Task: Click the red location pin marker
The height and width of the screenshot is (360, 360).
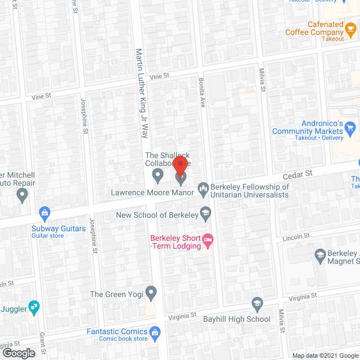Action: tap(179, 166)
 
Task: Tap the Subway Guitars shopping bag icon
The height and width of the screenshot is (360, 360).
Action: tap(43, 213)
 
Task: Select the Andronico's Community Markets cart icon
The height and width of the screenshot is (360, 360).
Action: tap(350, 127)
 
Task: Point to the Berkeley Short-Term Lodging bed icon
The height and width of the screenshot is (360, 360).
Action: tap(208, 241)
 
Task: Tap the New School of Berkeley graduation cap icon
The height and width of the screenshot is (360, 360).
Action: tap(206, 213)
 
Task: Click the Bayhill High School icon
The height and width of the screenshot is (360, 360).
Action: tap(257, 304)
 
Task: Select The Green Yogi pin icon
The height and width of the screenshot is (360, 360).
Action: tap(150, 292)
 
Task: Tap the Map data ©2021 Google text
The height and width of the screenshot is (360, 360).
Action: tap(324, 355)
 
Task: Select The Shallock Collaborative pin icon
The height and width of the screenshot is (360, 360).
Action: tap(159, 177)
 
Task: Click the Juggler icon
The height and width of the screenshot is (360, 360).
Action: tap(34, 307)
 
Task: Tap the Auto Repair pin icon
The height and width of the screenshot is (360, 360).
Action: tap(22, 196)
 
